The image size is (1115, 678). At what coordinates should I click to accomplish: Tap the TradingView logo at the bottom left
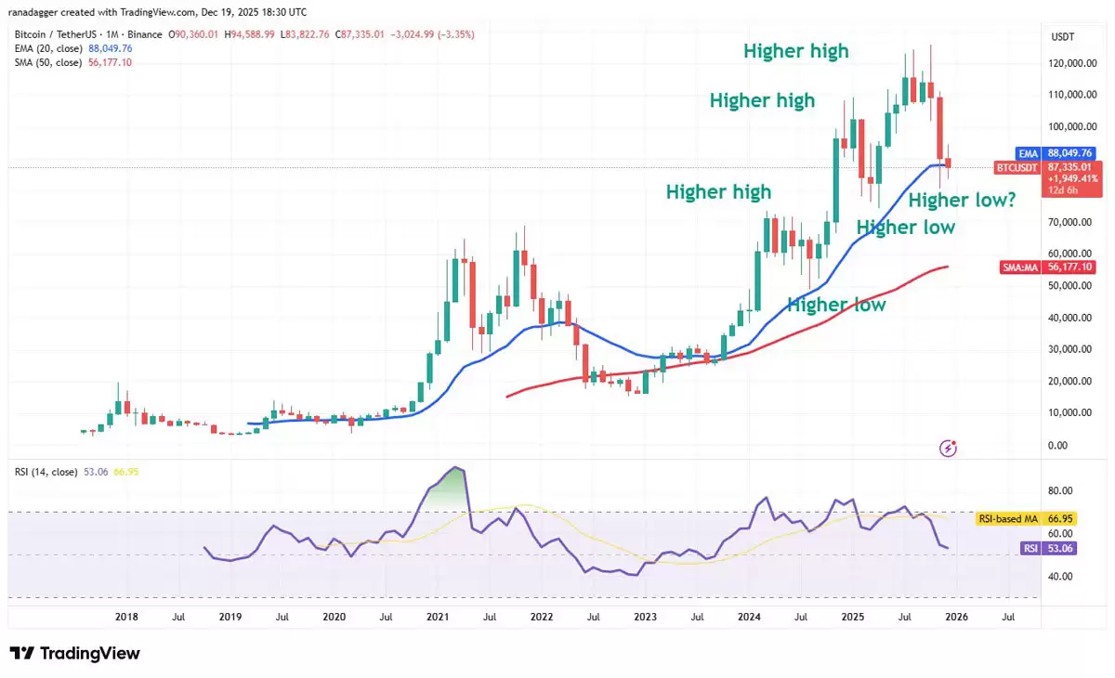coord(75,653)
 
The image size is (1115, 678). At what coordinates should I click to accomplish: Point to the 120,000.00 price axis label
coord(1064,63)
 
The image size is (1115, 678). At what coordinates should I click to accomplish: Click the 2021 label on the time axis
coord(438,615)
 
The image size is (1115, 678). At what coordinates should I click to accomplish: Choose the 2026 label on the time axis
coord(956,615)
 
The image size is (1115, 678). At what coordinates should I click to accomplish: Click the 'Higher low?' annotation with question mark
coord(962,199)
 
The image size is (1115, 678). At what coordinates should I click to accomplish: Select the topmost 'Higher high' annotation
coord(796,51)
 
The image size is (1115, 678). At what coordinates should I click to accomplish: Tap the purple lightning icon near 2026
coord(949,449)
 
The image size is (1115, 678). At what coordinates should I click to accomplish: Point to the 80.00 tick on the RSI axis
coord(1058,490)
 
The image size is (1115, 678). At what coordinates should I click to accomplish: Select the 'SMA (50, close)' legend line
coord(72,62)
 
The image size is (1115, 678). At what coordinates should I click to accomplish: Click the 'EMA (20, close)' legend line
coord(72,48)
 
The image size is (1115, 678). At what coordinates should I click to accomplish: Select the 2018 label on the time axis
coord(126,615)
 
